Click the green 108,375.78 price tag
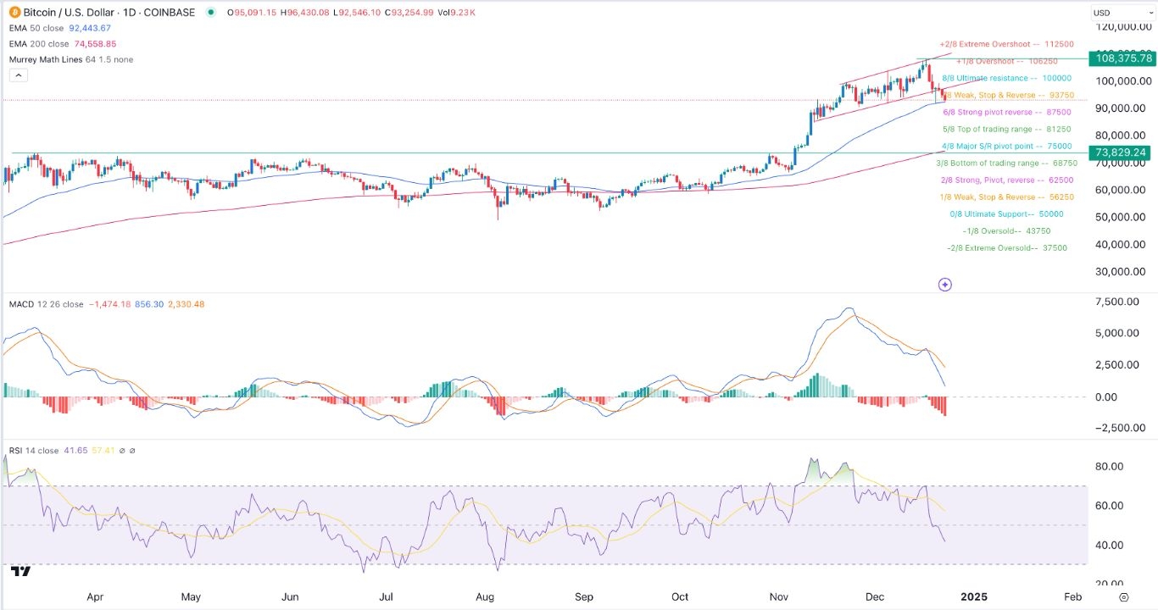[1123, 58]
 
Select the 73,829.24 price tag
[1123, 152]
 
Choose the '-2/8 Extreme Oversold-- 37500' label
[1006, 248]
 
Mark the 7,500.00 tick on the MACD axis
[1117, 302]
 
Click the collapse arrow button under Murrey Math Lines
[18, 75]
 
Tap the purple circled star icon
[945, 285]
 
